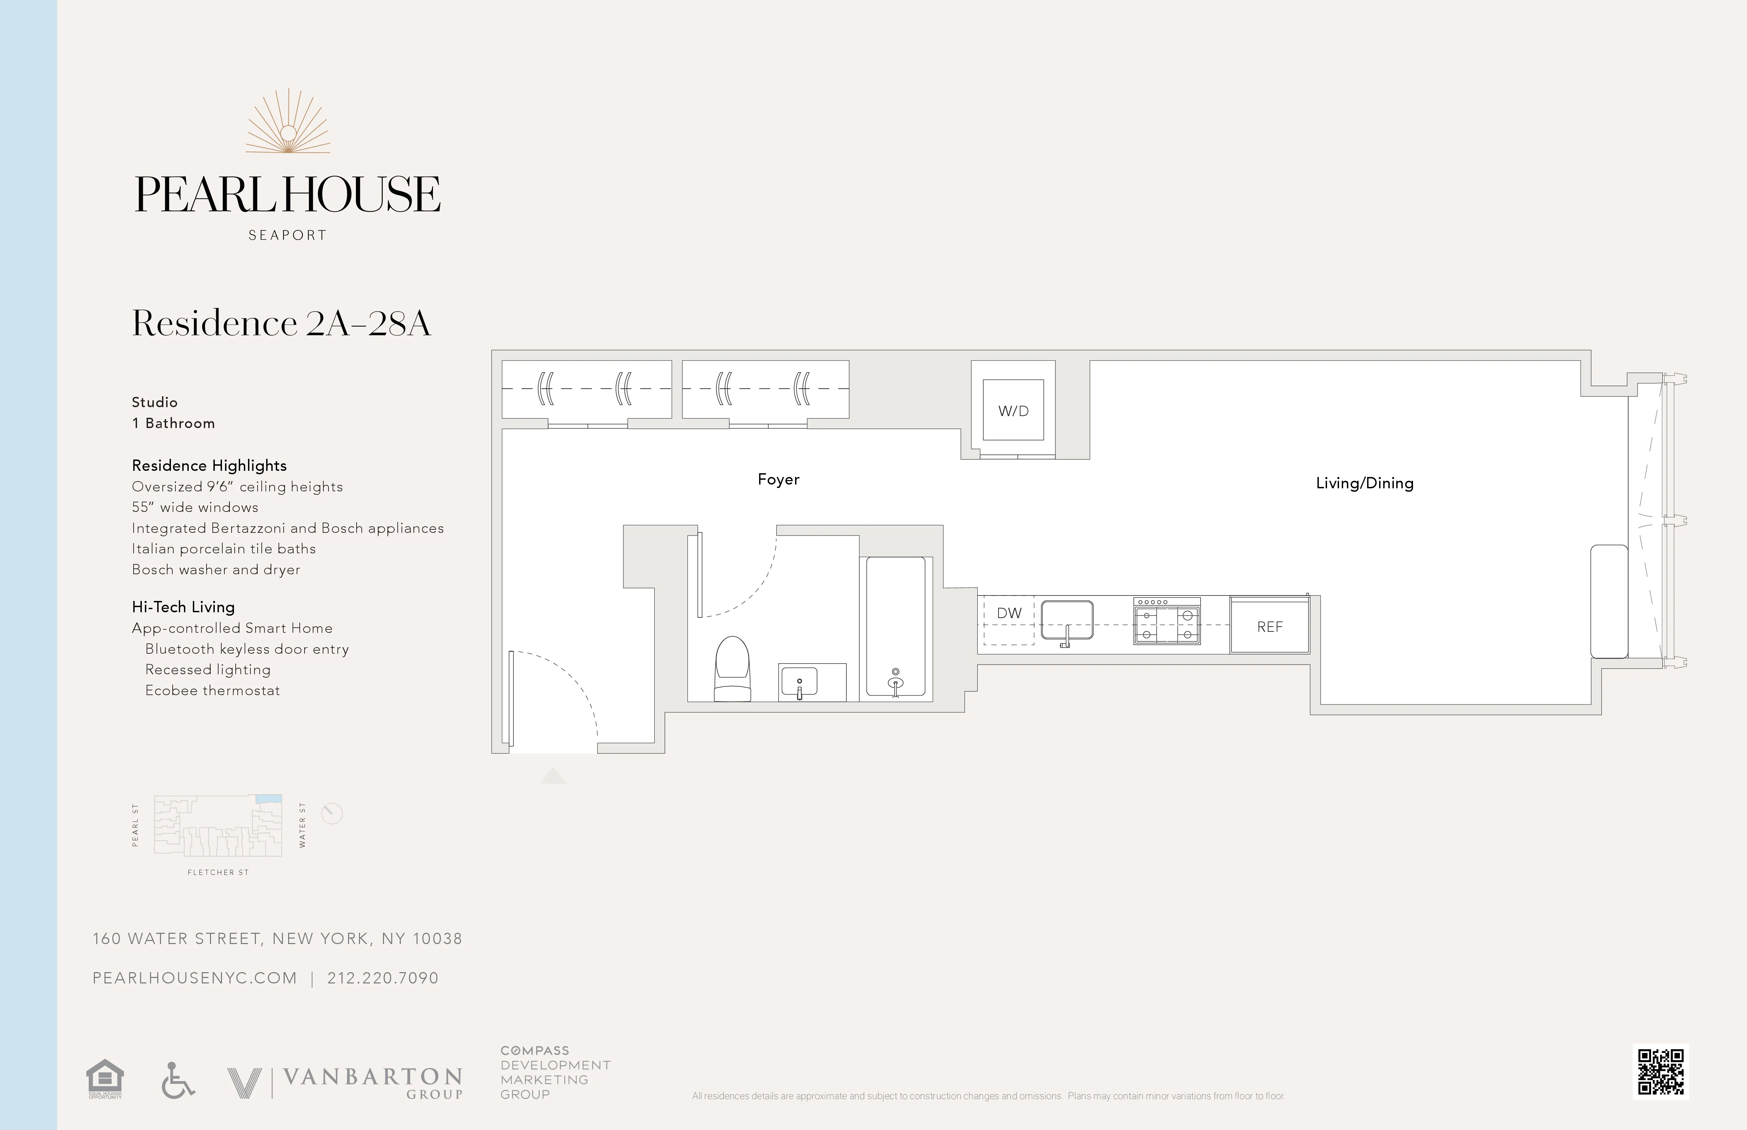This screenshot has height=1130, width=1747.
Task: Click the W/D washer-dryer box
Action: click(1013, 410)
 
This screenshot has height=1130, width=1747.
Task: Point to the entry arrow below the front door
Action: click(553, 776)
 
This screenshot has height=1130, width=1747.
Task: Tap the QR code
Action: click(1660, 1071)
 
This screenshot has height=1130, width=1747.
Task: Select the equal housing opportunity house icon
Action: click(105, 1077)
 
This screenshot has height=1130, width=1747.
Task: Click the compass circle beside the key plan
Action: click(332, 813)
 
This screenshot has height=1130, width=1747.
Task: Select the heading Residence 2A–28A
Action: click(281, 324)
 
